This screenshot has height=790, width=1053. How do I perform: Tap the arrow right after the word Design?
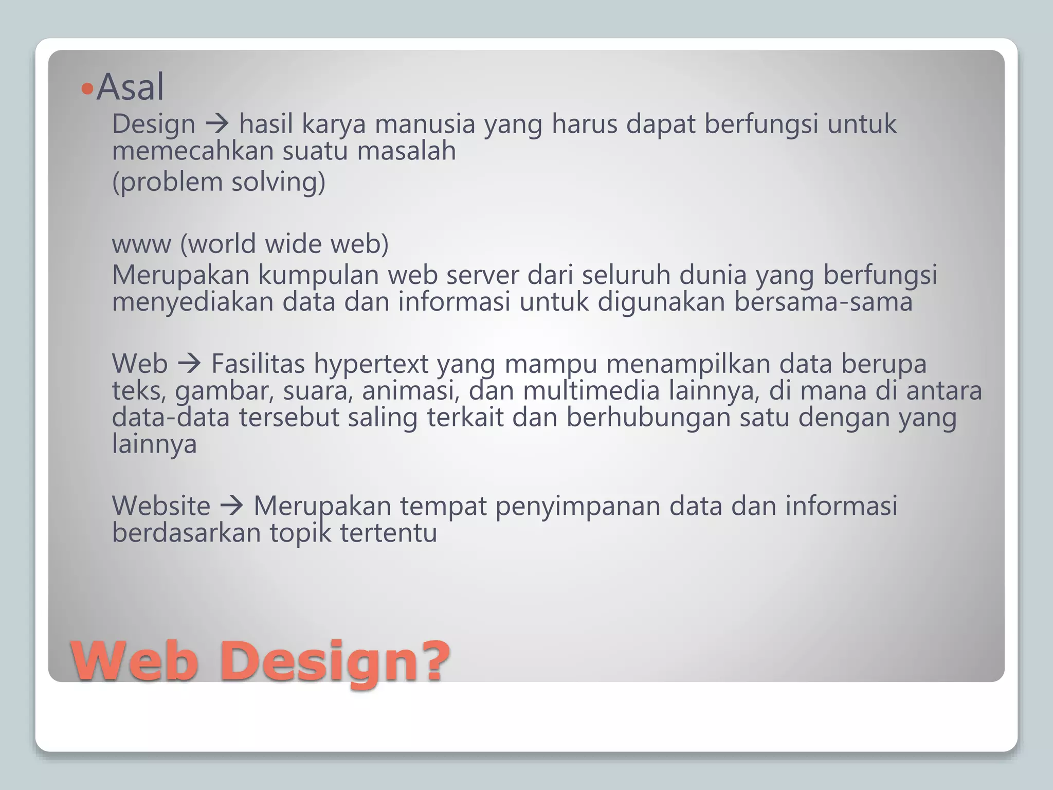click(x=217, y=124)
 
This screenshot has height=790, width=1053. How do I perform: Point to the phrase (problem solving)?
click(x=219, y=182)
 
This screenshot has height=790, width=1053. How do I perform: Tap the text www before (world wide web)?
click(x=141, y=244)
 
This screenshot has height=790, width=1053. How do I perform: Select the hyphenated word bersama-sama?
click(x=823, y=302)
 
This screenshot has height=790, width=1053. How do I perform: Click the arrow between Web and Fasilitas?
click(x=189, y=364)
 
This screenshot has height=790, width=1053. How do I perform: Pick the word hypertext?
click(x=371, y=364)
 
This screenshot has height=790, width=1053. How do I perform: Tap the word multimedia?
click(x=591, y=391)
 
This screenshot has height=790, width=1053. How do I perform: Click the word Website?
click(x=161, y=506)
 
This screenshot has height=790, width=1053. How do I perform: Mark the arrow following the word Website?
click(x=231, y=506)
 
